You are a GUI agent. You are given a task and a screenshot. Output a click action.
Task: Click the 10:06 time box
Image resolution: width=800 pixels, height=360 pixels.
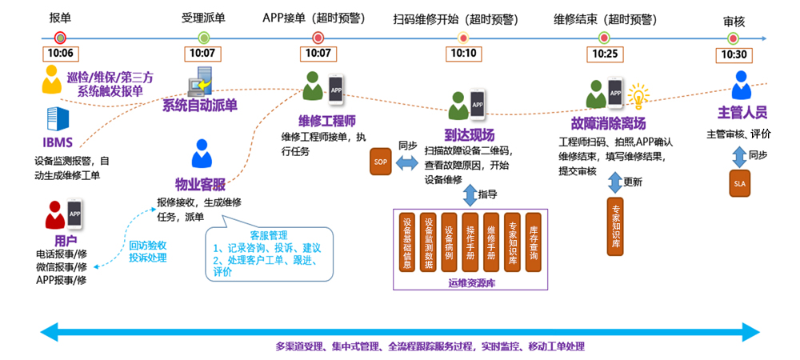[60, 54]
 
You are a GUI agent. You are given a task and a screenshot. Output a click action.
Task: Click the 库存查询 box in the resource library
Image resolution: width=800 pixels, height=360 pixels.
[534, 241]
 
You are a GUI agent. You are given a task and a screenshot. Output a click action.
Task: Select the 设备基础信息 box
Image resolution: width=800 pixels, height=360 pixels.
[408, 241]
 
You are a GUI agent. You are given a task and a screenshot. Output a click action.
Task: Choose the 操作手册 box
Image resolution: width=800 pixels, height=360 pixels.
[470, 241]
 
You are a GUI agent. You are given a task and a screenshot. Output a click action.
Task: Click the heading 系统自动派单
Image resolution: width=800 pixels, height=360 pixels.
[200, 106]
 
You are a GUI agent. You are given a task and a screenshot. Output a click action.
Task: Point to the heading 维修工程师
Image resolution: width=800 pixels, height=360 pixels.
[326, 121]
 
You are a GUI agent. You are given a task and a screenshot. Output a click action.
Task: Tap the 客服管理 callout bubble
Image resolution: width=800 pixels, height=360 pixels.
[268, 254]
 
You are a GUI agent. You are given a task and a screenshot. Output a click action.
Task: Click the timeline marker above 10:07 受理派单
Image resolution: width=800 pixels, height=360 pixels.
[203, 37]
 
